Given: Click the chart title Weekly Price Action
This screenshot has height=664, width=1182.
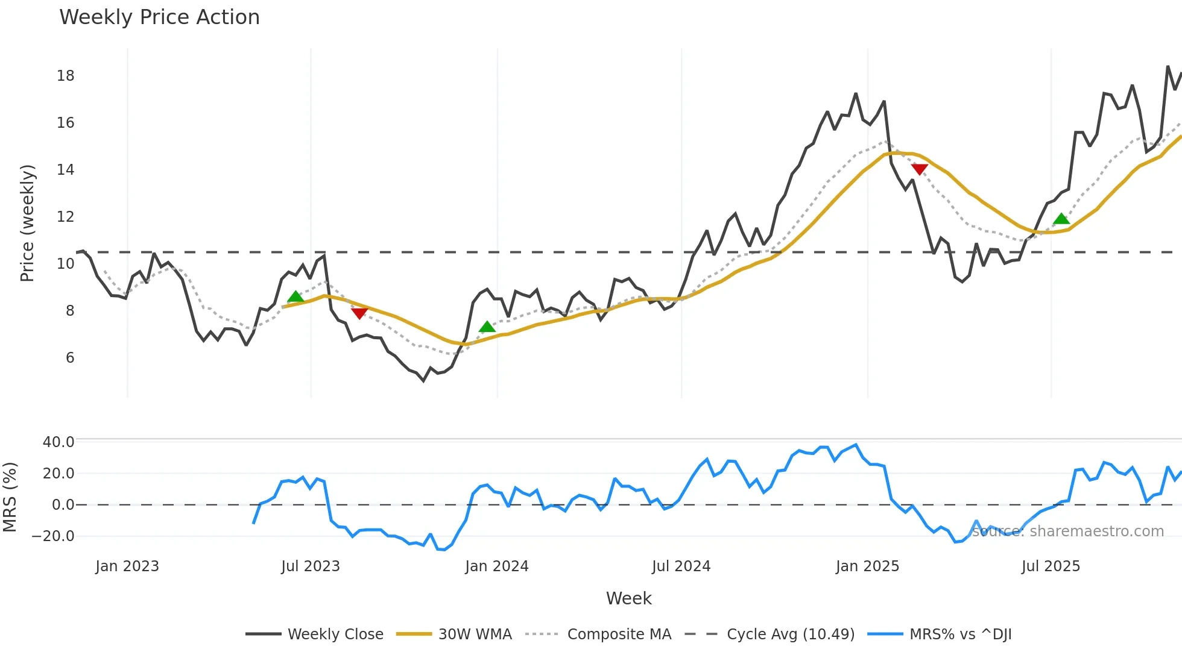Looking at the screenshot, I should [159, 17].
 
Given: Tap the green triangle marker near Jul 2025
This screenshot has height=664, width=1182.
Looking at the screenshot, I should [1061, 219].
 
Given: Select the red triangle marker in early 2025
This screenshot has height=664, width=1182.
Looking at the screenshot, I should [920, 169].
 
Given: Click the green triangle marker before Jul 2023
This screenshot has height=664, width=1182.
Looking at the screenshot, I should [295, 296].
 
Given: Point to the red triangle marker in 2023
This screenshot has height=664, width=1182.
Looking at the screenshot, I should [359, 313].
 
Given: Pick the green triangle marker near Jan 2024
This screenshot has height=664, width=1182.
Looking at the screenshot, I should [487, 327].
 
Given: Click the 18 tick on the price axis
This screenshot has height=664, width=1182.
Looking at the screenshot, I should [66, 76].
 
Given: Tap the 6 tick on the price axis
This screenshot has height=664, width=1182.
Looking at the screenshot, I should [70, 358].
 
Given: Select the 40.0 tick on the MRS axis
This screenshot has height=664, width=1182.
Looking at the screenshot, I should [58, 442].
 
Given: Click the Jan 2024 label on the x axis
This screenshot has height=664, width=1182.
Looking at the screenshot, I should [497, 566].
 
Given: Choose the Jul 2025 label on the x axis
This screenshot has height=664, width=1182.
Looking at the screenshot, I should [1051, 566].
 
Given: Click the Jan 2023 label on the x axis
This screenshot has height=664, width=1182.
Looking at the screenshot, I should [127, 566].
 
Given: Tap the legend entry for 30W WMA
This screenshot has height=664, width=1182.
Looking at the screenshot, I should [475, 634].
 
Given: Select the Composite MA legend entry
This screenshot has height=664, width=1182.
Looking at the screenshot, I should [619, 634].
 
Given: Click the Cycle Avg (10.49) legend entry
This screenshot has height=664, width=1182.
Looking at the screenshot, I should [790, 634].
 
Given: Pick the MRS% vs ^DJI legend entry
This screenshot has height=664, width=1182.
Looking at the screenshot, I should [960, 634].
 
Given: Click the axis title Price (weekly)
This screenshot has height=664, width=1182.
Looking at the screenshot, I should [28, 223].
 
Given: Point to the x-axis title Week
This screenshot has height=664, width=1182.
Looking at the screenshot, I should [628, 598].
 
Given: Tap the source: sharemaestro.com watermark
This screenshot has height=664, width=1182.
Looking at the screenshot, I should [1067, 531].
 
